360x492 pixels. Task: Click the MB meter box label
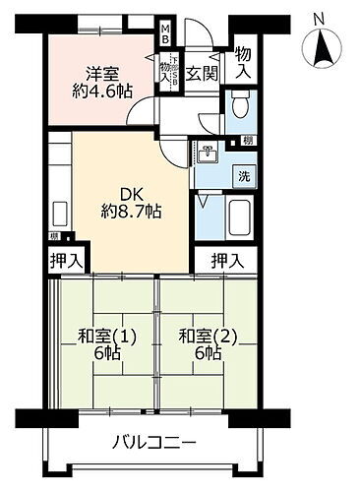coord(166,35)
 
